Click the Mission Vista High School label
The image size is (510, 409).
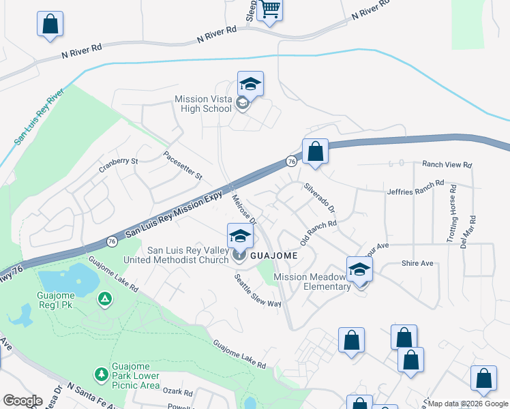204,104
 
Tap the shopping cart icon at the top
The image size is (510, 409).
270,10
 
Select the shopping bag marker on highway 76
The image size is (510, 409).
315,151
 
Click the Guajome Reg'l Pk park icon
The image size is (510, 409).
104,299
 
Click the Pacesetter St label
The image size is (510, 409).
183,166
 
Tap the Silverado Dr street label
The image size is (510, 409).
319,196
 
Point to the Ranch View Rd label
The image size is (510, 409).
447,165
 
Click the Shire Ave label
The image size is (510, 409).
417,263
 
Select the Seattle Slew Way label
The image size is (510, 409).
258,291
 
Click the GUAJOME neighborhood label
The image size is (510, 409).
273,255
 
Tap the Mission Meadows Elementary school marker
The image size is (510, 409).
359,269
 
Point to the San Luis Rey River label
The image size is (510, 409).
40,115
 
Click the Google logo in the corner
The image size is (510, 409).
22,401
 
